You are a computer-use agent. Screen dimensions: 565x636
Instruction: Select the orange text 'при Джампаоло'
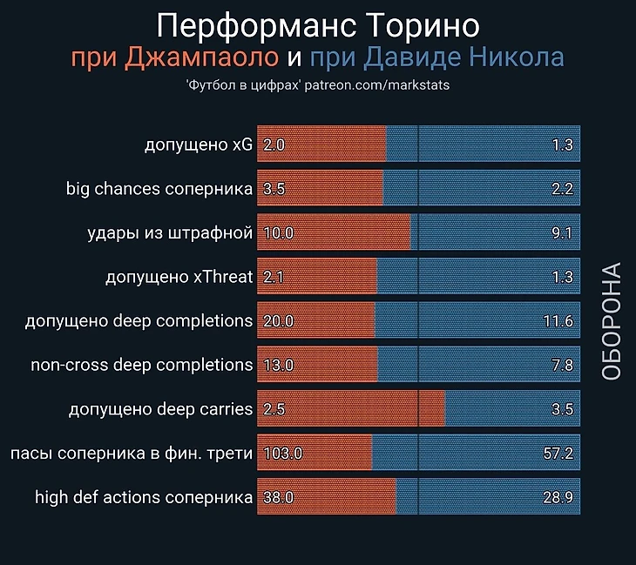pos(175,58)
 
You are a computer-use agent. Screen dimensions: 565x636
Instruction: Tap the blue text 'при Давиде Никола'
pos(437,58)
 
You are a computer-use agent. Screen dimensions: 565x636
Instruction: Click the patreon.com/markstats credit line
pos(317,87)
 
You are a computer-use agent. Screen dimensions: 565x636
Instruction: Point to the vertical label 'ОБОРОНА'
pos(612,320)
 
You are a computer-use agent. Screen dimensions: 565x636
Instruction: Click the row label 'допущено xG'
pos(199,145)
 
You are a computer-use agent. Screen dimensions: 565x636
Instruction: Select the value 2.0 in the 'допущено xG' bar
pos(274,145)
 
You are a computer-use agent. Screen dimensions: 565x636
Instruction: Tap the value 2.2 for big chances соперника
pos(562,189)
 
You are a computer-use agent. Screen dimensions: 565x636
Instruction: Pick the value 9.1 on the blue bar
pos(562,233)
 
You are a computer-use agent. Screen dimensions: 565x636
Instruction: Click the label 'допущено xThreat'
pos(179,277)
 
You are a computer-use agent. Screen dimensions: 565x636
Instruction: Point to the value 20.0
pos(278,321)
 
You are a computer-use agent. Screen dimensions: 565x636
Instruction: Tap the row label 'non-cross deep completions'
pos(142,365)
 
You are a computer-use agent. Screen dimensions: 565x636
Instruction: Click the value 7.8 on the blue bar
pos(562,365)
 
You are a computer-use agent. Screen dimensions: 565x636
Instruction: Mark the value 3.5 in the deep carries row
pos(562,409)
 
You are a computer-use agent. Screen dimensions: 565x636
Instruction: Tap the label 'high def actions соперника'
pos(144,498)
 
